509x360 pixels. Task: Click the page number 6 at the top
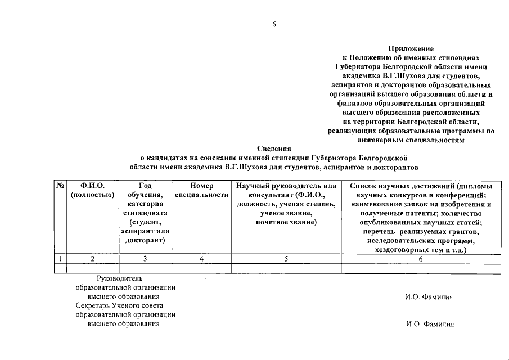pos(274,24)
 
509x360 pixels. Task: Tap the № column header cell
pos(60,186)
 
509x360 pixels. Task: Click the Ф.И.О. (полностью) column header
pos(93,190)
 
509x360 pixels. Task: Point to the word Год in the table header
pos(145,186)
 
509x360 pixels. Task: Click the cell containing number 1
pos(60,259)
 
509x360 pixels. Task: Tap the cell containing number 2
pos(93,259)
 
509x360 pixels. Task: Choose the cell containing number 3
pos(145,259)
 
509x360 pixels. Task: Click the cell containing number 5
pos(286,259)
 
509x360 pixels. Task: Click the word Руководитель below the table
pos(120,278)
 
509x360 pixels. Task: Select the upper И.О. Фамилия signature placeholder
pos(429,297)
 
